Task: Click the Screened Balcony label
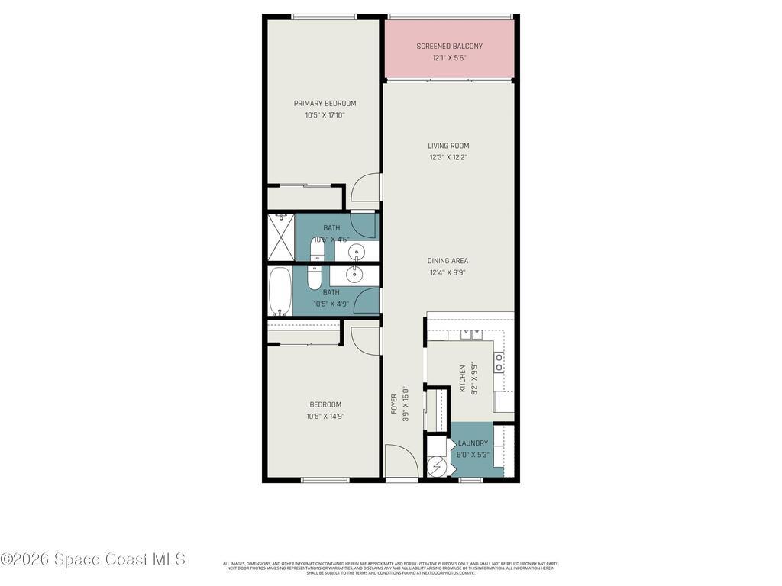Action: pos(449,47)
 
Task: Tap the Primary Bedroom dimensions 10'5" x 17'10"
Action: pos(325,115)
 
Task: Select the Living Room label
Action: pos(448,146)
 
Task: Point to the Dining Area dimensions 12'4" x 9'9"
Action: pos(448,272)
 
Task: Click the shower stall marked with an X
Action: pos(280,237)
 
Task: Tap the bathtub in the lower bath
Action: pos(280,291)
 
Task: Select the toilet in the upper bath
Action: pos(317,249)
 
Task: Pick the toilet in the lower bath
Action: pos(315,277)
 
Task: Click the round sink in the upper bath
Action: pos(357,251)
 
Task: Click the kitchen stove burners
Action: pos(499,362)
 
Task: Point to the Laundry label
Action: pos(473,443)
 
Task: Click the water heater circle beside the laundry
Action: pos(438,465)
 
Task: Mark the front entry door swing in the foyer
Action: pos(400,462)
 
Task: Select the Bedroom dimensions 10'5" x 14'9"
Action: pos(325,416)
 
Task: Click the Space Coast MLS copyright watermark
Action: pos(93,559)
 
